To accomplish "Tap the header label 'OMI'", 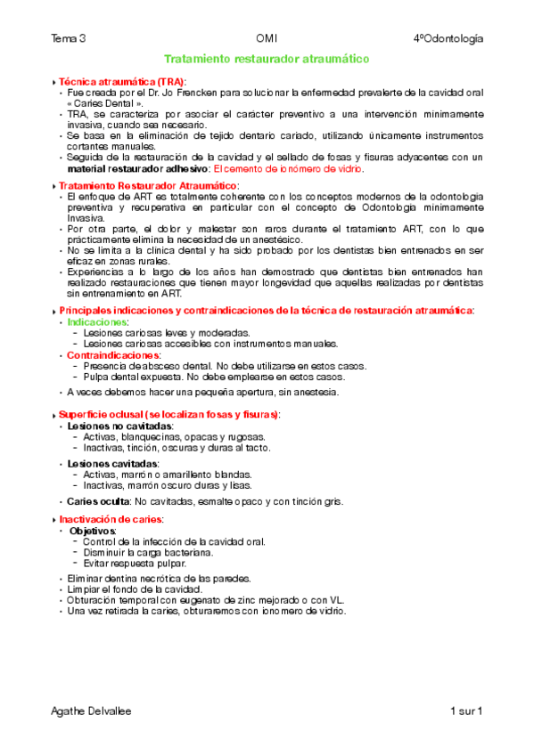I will click(x=267, y=38).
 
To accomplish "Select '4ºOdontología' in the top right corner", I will click(x=448, y=38).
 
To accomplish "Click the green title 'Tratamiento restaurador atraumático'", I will click(x=267, y=59).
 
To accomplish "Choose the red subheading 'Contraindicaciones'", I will click(x=113, y=354).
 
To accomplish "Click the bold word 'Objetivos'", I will click(x=94, y=531).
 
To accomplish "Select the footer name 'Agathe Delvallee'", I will click(x=93, y=711).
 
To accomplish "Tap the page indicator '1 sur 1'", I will click(x=466, y=711).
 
